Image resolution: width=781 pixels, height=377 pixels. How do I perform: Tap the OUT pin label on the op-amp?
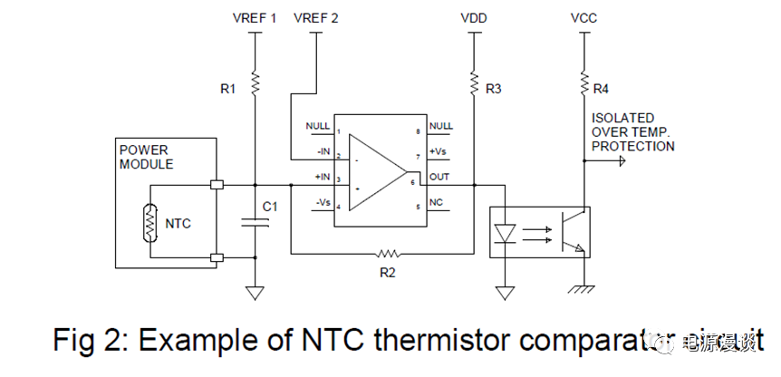(440, 177)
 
